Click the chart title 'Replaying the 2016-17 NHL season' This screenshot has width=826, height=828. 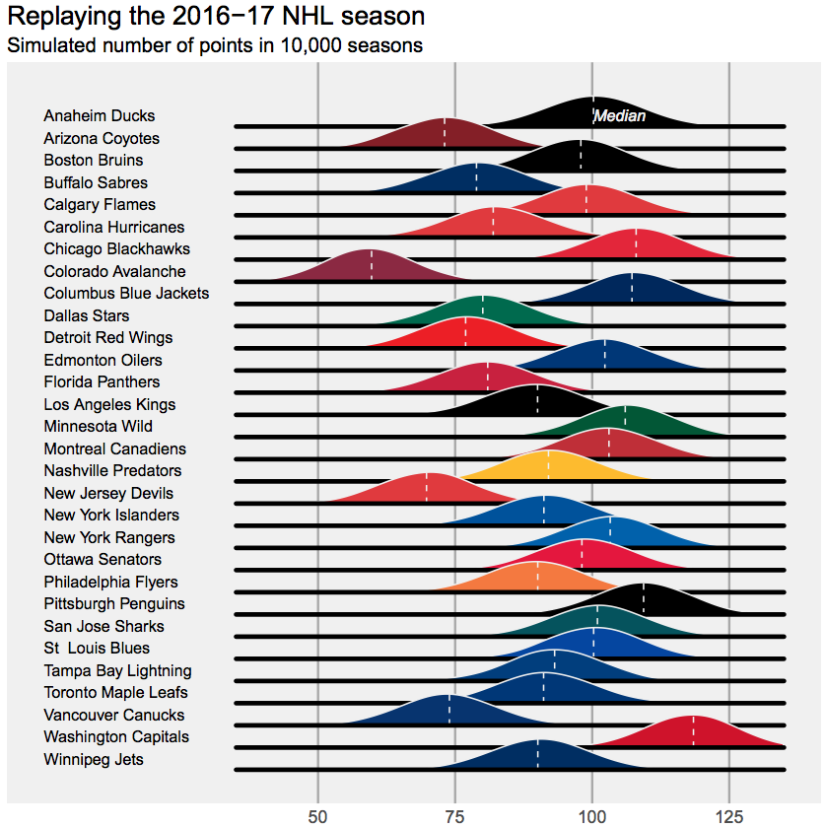(x=216, y=17)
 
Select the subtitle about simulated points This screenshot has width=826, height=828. (x=215, y=45)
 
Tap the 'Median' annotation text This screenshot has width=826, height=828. (x=620, y=116)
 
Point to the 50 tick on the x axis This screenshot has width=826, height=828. (x=317, y=816)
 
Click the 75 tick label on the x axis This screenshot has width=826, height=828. (x=454, y=816)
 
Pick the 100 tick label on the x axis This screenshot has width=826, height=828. (x=591, y=816)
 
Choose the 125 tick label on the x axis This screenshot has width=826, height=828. (x=728, y=816)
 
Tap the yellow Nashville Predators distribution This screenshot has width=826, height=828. (x=549, y=466)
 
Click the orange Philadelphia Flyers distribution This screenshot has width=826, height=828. (x=537, y=578)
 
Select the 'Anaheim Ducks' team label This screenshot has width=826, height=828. (x=99, y=116)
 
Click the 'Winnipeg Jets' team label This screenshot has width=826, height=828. (x=94, y=760)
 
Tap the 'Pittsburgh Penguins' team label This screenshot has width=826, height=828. (x=114, y=604)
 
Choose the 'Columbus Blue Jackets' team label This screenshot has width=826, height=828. (x=126, y=294)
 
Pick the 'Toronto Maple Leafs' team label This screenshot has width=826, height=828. (x=116, y=693)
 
